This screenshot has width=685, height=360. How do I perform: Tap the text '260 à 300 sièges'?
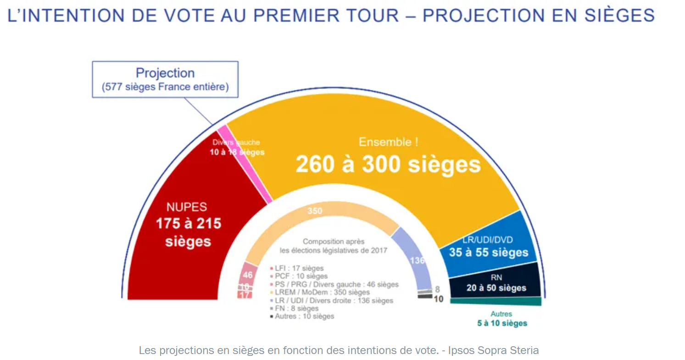(x=388, y=165)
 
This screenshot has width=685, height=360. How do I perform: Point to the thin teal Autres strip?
(x=496, y=301)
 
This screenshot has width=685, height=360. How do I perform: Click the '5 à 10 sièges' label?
(x=501, y=323)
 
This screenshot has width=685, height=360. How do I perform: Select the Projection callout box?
(x=165, y=79)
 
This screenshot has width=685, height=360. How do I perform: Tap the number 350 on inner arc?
(x=315, y=211)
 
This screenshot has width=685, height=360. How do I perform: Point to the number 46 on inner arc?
(x=247, y=275)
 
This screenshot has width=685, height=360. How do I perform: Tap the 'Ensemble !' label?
(x=388, y=142)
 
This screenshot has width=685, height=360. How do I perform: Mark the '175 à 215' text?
(x=188, y=224)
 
